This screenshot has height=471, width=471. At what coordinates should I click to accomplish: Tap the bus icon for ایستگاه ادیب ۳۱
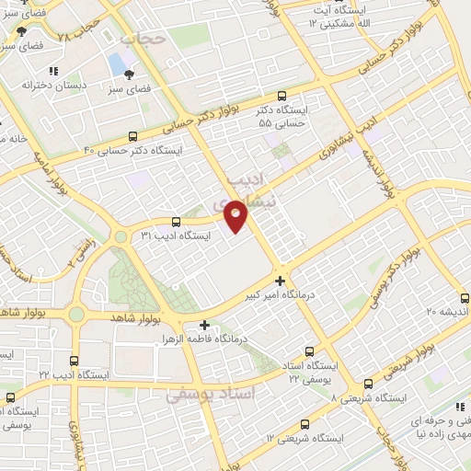(177, 222)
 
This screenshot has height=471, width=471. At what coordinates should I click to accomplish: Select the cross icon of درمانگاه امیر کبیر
(281, 281)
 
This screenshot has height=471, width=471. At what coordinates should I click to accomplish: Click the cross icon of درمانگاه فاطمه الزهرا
(204, 325)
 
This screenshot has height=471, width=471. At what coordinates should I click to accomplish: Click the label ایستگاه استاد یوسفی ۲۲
(308, 371)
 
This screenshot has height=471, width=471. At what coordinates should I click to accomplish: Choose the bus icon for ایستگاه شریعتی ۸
(368, 384)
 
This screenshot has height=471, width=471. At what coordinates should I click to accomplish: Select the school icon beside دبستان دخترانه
(54, 70)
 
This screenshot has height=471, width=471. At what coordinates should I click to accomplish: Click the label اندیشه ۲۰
(444, 311)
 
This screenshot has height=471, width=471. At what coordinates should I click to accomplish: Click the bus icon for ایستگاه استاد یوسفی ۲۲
(308, 350)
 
